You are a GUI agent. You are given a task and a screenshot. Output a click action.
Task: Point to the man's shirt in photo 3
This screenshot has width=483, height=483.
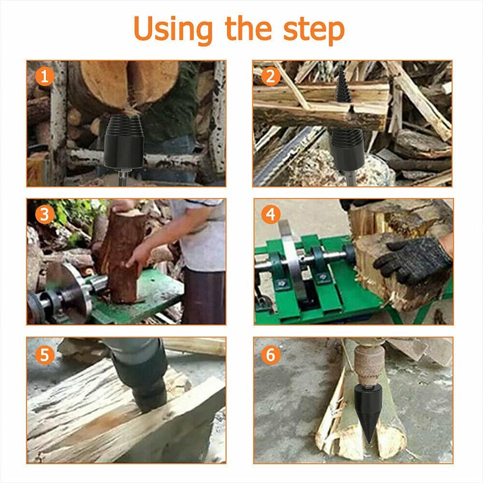click(199, 235)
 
